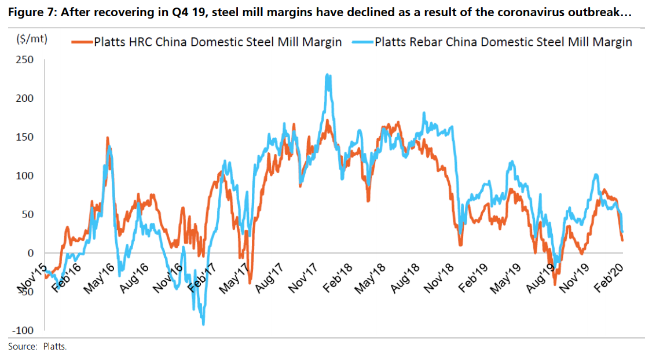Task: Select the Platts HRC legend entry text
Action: click(x=218, y=42)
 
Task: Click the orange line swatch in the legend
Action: click(x=82, y=42)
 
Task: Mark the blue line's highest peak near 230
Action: click(x=328, y=75)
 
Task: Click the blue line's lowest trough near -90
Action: click(x=203, y=324)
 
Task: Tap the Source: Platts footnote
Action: click(x=38, y=347)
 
